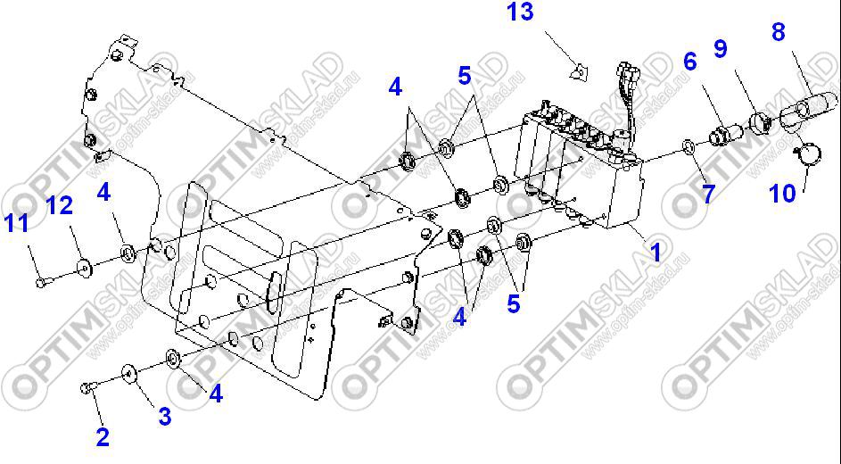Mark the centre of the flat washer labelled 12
(x=84, y=266)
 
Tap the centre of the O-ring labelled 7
(x=688, y=145)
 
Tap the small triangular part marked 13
(x=580, y=72)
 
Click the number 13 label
(x=520, y=12)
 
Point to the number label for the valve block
(x=655, y=251)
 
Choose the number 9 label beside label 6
(x=721, y=48)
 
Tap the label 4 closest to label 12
(x=103, y=193)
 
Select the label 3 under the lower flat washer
(x=165, y=416)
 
